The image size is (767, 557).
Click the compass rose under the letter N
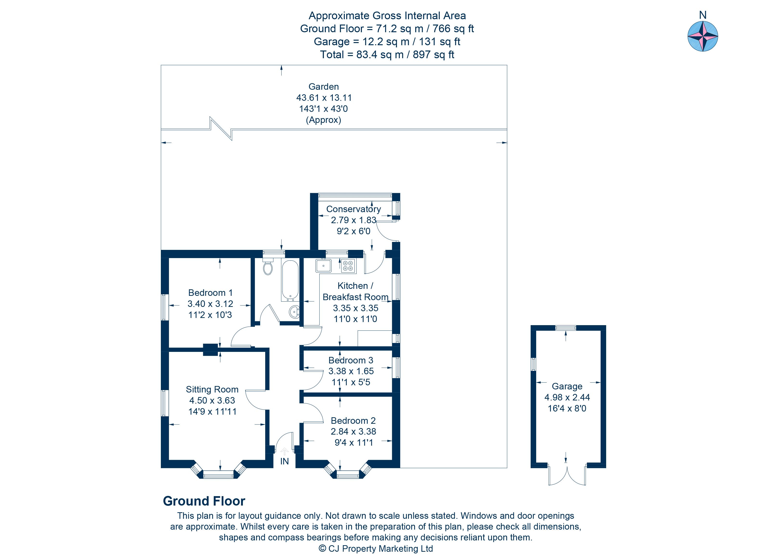tap(703, 36)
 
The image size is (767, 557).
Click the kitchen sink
tap(323, 266)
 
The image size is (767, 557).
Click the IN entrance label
tap(284, 461)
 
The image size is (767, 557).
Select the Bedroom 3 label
tap(351, 360)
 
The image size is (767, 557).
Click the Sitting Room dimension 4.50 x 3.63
tap(212, 400)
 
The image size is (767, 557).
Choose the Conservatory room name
tap(353, 209)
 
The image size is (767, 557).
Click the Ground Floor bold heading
tap(204, 501)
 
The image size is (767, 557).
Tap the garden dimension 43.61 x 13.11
tap(324, 98)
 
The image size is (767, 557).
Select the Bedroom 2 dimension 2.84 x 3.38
tap(353, 431)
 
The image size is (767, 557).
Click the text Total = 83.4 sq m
tap(387, 54)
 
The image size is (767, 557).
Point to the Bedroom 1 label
tap(210, 292)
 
